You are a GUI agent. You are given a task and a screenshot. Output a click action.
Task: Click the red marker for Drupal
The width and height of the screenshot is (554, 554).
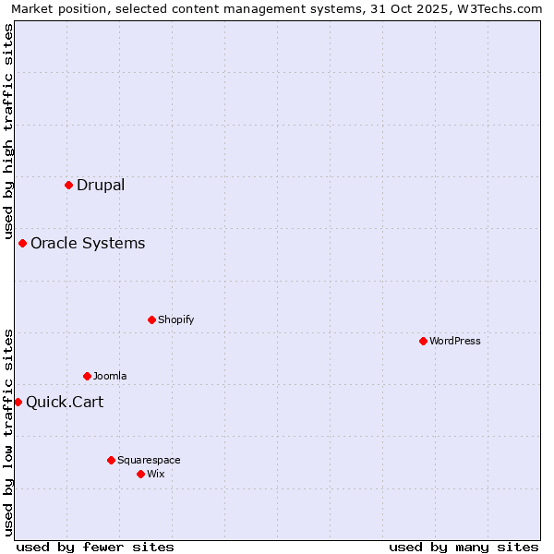pos(69,185)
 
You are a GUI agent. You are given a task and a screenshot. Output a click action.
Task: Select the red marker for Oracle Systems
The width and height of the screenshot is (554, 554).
pos(23,243)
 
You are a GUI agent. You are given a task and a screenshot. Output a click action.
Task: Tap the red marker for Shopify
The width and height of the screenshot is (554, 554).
pos(152,319)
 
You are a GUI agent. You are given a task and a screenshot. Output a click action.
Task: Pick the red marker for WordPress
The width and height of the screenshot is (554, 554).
pos(424,341)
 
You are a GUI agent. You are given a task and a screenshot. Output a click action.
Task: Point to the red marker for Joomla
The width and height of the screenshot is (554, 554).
pos(88,376)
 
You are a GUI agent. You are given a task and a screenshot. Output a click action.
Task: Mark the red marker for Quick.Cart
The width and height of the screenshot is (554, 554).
pos(18,402)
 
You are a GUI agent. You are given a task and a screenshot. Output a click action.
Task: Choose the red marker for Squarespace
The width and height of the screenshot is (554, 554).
pos(112,460)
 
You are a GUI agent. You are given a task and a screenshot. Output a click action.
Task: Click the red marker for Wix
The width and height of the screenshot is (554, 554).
pos(141,474)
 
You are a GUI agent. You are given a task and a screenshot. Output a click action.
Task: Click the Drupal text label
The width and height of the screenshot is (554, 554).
pos(101,185)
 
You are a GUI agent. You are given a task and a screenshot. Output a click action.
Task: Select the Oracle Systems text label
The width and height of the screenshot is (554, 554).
pos(88,243)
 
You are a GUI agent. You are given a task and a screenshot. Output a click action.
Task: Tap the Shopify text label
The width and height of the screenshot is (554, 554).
pos(175,319)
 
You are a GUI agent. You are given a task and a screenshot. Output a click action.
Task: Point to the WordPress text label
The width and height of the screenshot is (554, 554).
pos(455,341)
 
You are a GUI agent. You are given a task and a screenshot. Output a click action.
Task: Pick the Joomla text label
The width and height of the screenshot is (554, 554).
pos(110,376)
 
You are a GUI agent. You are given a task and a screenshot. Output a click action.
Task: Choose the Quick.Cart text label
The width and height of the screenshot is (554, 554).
pos(65,402)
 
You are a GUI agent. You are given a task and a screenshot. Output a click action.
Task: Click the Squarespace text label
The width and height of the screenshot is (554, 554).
pos(149,460)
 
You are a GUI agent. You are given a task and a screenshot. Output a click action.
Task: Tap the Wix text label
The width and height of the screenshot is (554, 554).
pos(156,474)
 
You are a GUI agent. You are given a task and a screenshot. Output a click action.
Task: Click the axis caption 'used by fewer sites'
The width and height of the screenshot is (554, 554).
pos(95,547)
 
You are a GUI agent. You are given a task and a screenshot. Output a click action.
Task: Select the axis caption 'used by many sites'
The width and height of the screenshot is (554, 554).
pos(464,547)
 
